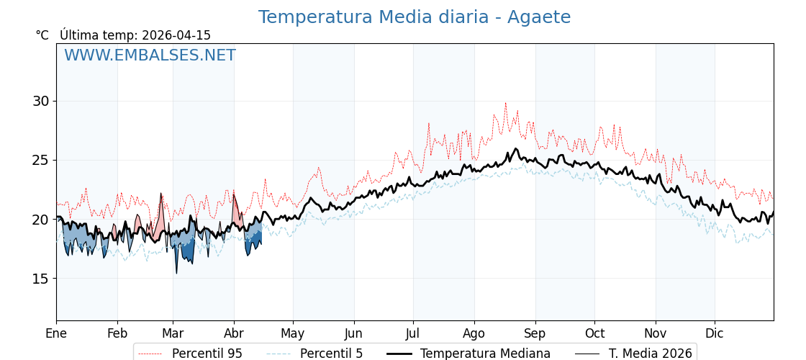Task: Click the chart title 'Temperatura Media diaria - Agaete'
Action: tap(414, 17)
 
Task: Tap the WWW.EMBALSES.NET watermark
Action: tap(150, 55)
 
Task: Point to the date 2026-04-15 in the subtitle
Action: tap(176, 35)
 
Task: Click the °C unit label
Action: tap(42, 35)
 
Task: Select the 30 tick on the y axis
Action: tap(41, 101)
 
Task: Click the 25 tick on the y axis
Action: tap(41, 160)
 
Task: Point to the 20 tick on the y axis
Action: tap(41, 220)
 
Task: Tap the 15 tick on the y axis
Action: tap(41, 279)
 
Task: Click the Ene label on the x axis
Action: tap(56, 333)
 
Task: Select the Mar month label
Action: tap(173, 333)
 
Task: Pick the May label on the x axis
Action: tap(293, 333)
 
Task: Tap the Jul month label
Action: tap(413, 333)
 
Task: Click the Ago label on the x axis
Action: tap(474, 333)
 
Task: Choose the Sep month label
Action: tap(535, 333)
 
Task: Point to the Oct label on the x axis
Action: tap(594, 333)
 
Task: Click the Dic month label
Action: tap(715, 333)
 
